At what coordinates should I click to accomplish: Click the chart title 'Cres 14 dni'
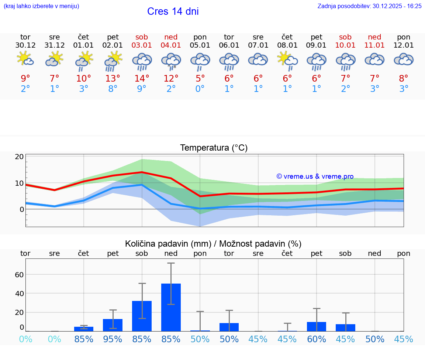(173, 11)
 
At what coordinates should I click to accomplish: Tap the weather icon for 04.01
(171, 61)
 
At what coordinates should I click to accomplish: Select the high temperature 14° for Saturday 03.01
(142, 78)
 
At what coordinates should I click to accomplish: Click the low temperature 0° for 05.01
(200, 89)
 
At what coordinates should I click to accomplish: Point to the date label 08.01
(287, 45)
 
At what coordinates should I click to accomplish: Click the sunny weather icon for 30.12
(25, 59)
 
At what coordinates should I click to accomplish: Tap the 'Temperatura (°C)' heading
(214, 148)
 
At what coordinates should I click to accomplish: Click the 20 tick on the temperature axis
(19, 157)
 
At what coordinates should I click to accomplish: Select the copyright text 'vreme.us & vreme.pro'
(315, 176)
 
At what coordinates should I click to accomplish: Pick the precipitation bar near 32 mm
(142, 316)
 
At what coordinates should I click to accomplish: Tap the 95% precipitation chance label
(113, 339)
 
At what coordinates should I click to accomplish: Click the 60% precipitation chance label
(317, 339)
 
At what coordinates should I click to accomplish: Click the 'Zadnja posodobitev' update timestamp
(369, 6)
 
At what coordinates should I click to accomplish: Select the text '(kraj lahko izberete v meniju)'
(41, 6)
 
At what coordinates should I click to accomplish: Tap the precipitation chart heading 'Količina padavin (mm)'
(168, 244)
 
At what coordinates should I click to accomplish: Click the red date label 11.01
(374, 45)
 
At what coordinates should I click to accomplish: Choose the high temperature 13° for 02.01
(113, 78)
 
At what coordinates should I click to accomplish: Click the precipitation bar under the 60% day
(317, 326)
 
